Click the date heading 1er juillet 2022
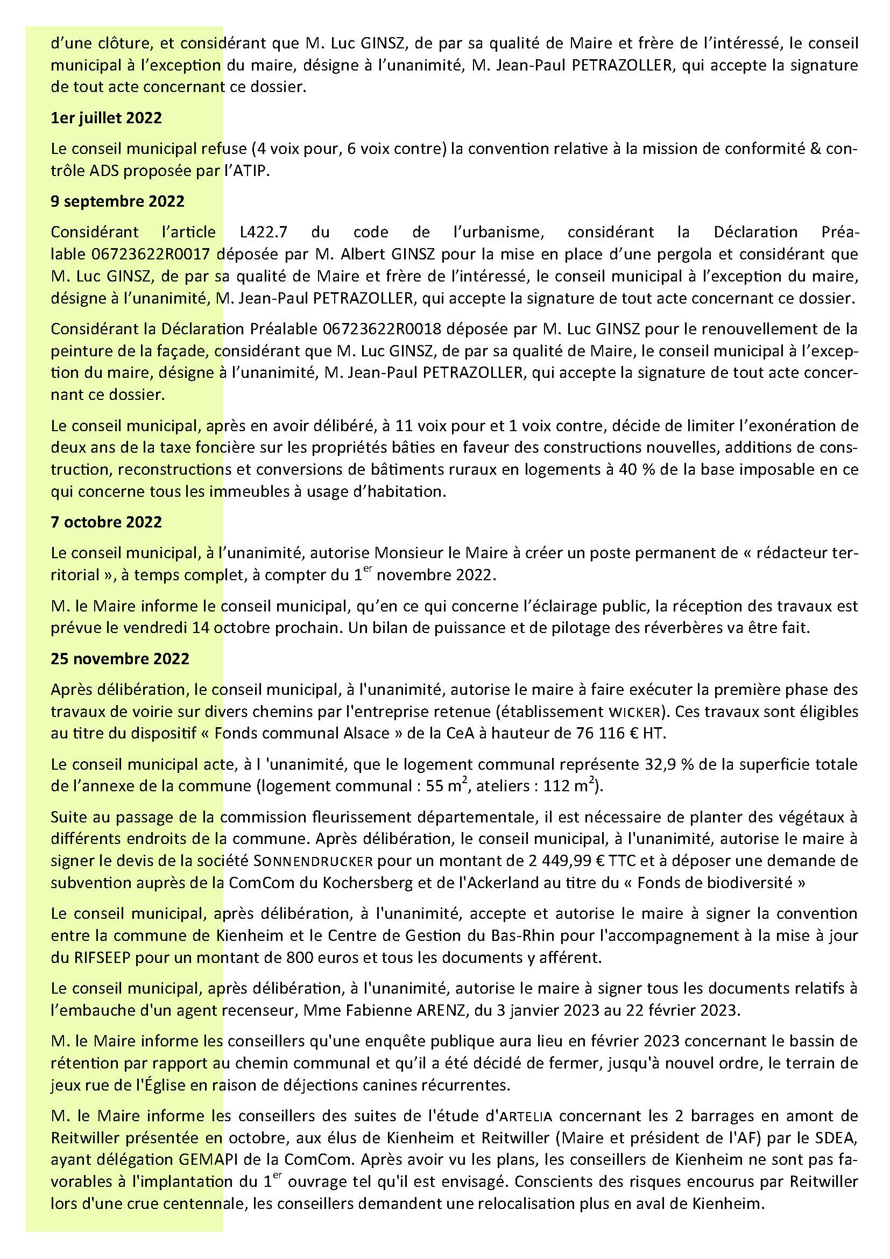[106, 118]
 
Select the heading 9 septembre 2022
[117, 201]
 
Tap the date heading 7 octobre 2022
[106, 522]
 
